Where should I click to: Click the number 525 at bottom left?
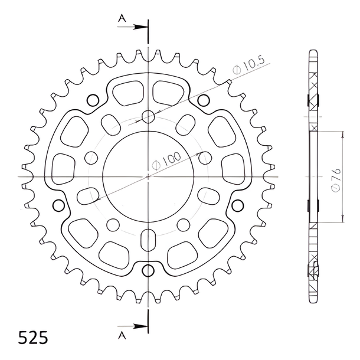[33, 338]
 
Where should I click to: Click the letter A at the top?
[122, 18]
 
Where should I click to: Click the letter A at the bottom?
[122, 335]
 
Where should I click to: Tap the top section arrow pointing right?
[132, 27]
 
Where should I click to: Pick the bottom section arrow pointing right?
[132, 326]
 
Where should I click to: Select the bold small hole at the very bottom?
[148, 271]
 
